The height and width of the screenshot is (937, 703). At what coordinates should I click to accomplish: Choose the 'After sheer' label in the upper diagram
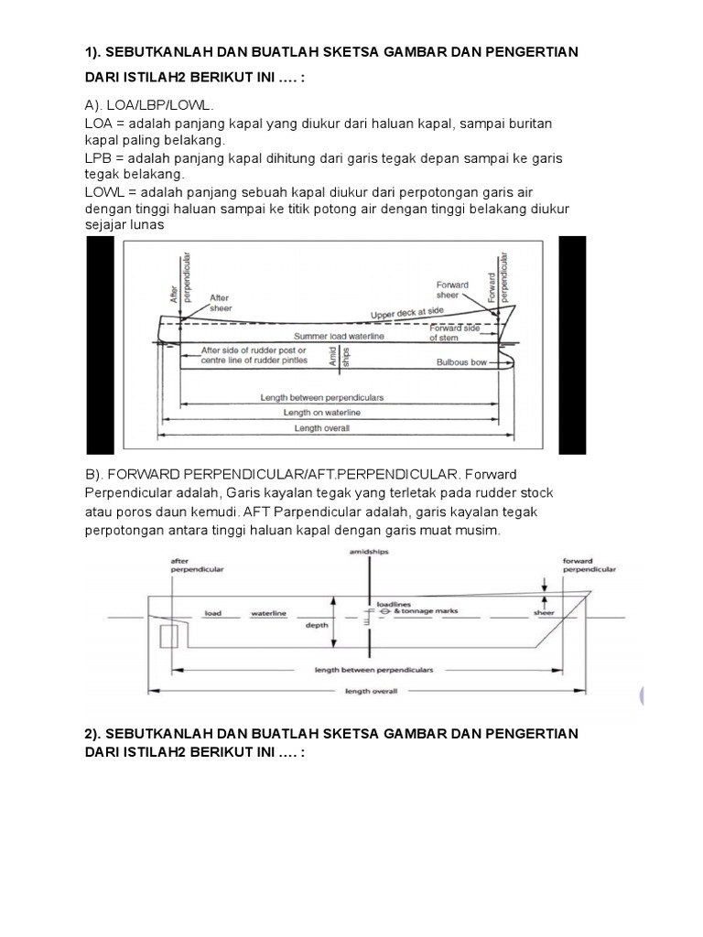tap(222, 303)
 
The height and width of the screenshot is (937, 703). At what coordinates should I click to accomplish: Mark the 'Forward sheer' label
tap(452, 290)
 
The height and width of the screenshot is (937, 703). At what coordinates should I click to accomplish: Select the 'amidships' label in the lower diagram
tap(369, 553)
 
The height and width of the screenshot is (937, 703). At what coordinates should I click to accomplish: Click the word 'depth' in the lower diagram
tap(316, 628)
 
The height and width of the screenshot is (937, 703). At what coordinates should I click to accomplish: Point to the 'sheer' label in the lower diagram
tap(545, 612)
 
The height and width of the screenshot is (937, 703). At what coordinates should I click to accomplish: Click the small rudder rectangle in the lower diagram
tap(169, 636)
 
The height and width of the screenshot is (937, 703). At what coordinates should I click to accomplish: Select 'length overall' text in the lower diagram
tap(371, 691)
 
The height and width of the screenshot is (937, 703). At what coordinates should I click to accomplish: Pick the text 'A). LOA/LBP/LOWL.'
tap(146, 105)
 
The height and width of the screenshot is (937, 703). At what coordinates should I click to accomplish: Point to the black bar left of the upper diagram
tap(100, 345)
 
